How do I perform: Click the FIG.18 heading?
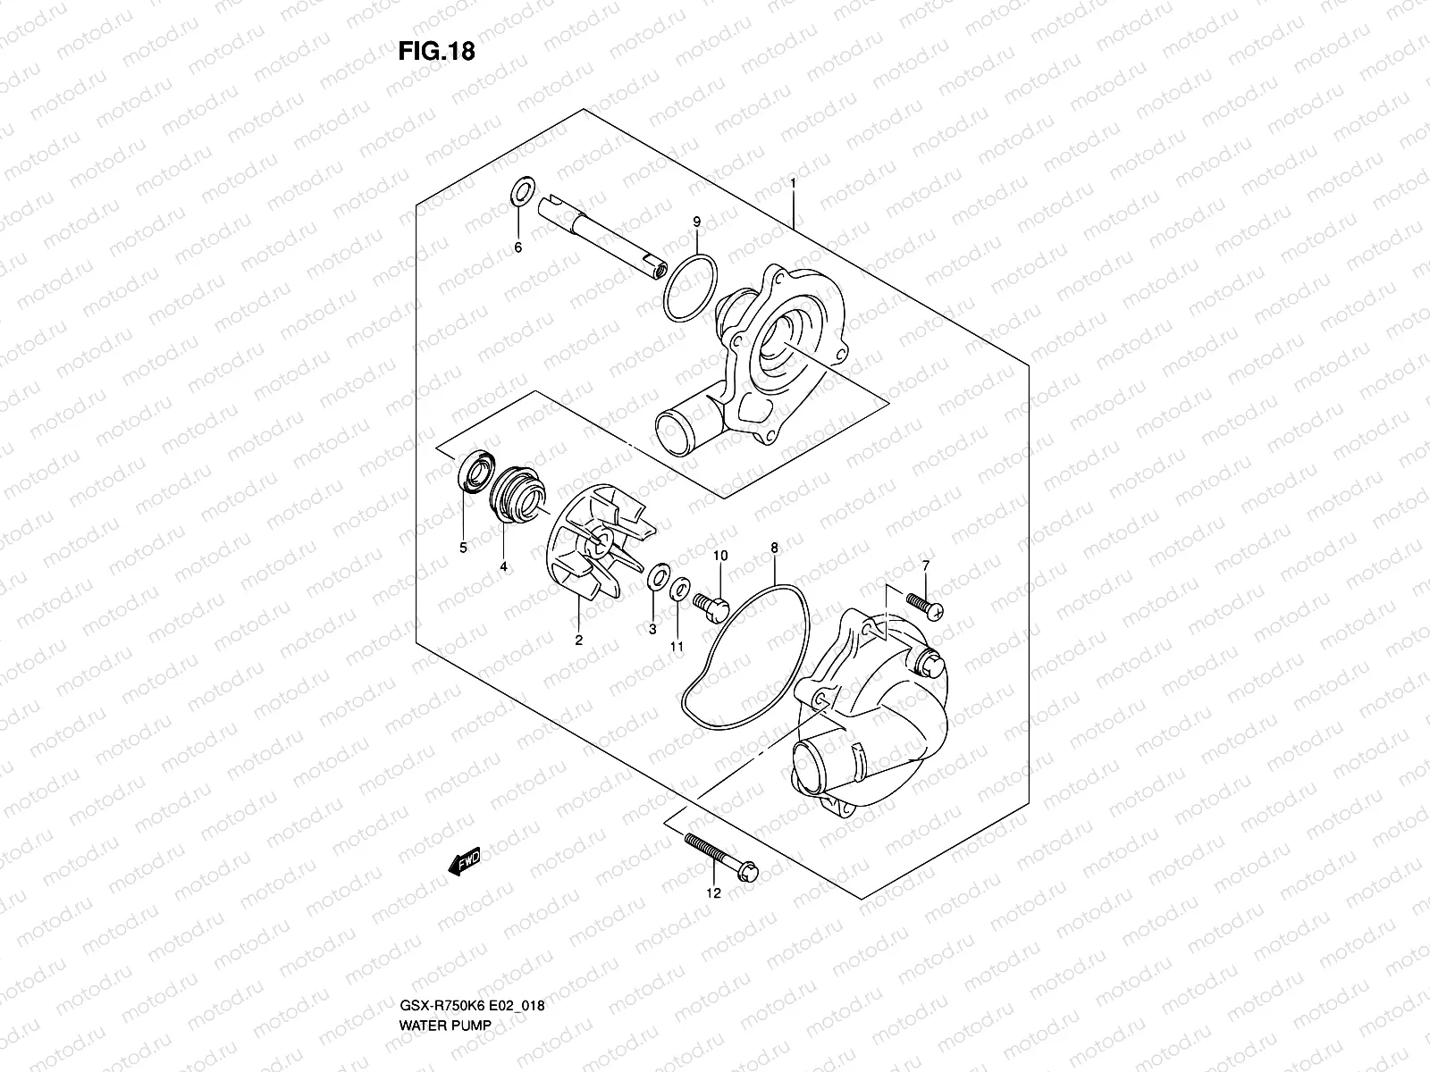click(x=437, y=52)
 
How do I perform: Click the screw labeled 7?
click(x=922, y=605)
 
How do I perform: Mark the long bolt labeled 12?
click(x=720, y=854)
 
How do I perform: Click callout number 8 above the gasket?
click(x=774, y=547)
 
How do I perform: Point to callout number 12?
click(x=713, y=892)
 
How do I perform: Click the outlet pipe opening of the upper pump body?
click(x=671, y=426)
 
